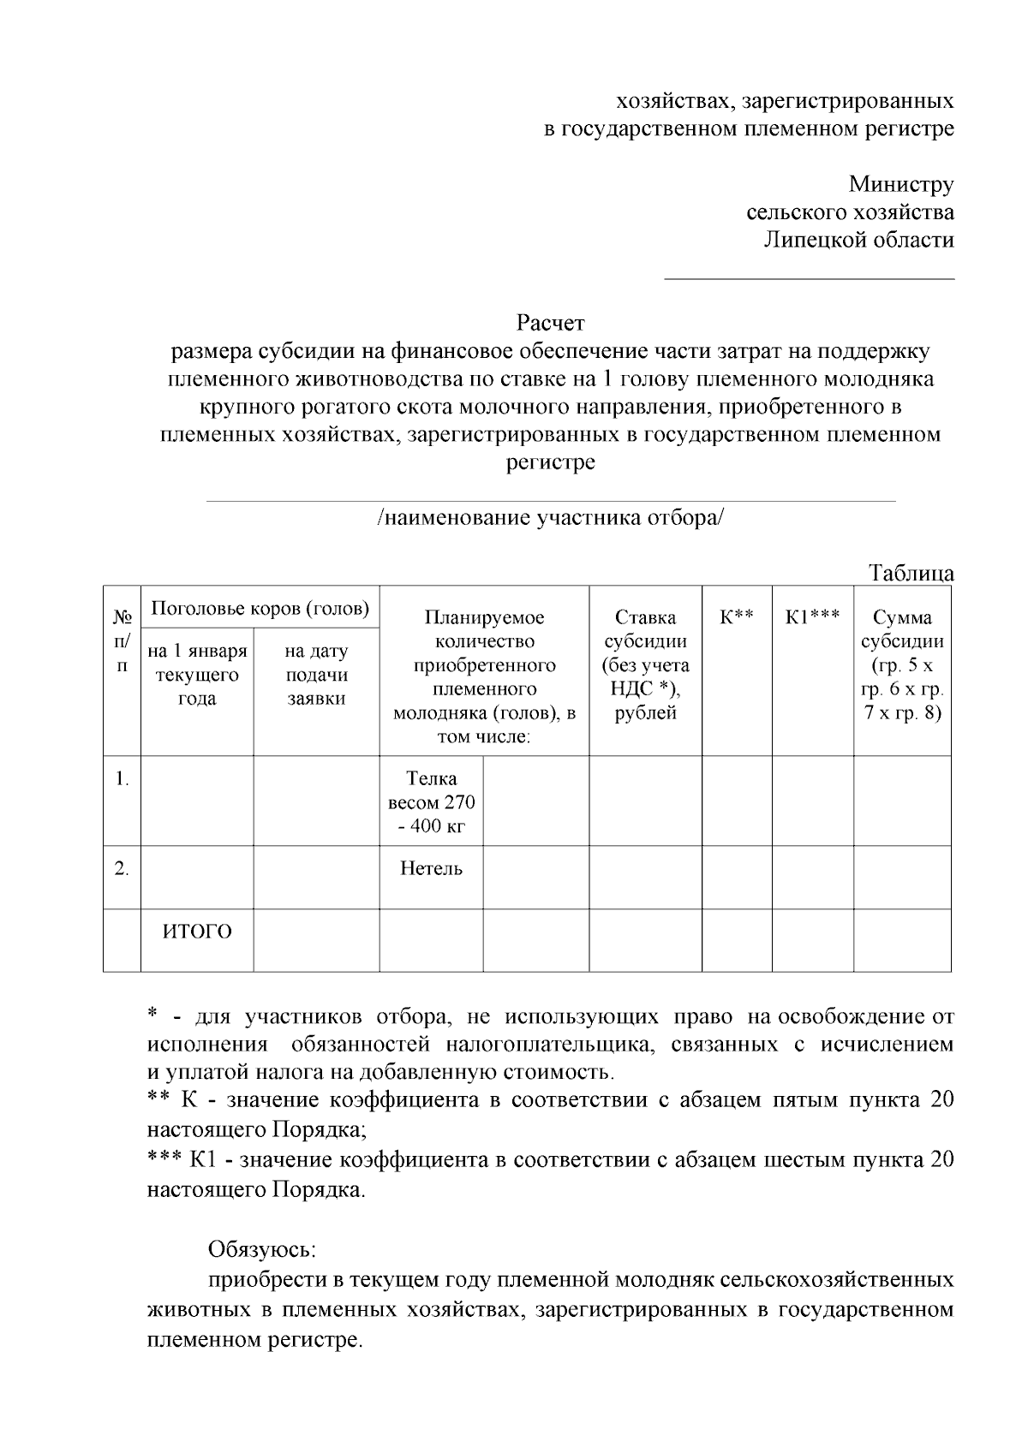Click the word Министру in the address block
point(900,184)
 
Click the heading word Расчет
point(550,323)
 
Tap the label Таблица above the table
point(911,573)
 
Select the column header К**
point(736,616)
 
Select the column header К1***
point(812,616)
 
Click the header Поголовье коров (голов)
point(260,609)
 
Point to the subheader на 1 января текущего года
point(197,675)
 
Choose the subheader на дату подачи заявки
point(316,675)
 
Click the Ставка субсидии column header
point(645,664)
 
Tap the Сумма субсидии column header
point(902,664)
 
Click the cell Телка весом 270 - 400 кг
point(431,801)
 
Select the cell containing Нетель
point(431,869)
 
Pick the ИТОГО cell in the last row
point(197,932)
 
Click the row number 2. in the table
point(122,869)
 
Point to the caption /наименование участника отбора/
point(551,518)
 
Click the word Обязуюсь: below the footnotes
point(262,1249)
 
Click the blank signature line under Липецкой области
point(810,277)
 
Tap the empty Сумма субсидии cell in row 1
point(902,801)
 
